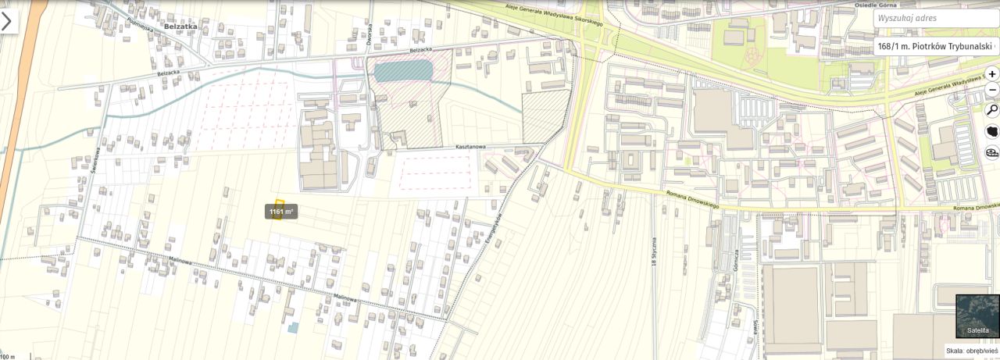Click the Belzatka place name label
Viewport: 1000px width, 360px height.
tap(181, 26)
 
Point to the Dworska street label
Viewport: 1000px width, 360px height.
tap(369, 36)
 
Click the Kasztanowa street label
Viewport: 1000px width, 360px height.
tap(473, 146)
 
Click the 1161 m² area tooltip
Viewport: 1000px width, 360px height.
tap(281, 212)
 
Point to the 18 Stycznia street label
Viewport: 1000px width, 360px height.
tap(654, 250)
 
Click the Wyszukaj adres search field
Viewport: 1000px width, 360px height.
tap(934, 18)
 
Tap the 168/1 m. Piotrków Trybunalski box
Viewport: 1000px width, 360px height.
tap(935, 46)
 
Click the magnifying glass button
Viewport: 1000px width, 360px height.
tap(992, 110)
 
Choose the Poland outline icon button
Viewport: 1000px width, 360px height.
tap(992, 131)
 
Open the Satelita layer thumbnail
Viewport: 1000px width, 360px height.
tap(977, 316)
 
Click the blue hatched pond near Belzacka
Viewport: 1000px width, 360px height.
tap(402, 71)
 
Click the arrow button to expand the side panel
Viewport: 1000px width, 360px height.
tap(7, 21)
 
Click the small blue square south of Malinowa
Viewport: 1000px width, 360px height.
tap(293, 328)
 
